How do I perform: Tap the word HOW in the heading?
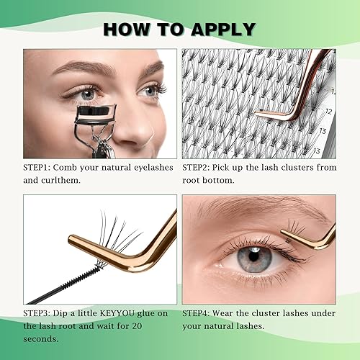click(x=129, y=29)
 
